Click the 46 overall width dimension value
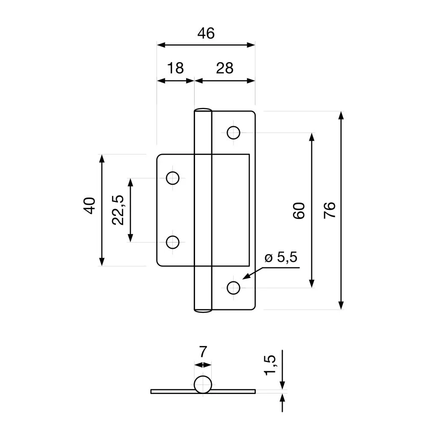click(206, 33)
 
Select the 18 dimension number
click(175, 68)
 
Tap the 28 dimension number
click(225, 68)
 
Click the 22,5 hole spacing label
click(118, 210)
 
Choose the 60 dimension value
click(299, 210)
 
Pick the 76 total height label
click(329, 210)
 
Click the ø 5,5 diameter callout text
click(281, 257)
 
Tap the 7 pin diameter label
click(203, 352)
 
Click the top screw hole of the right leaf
click(234, 133)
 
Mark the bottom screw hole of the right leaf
click(234, 288)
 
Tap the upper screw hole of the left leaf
click(173, 178)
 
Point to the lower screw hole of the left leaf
click(173, 242)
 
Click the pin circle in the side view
click(203, 384)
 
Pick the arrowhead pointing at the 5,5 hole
click(246, 277)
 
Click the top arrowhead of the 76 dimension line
click(341, 115)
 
